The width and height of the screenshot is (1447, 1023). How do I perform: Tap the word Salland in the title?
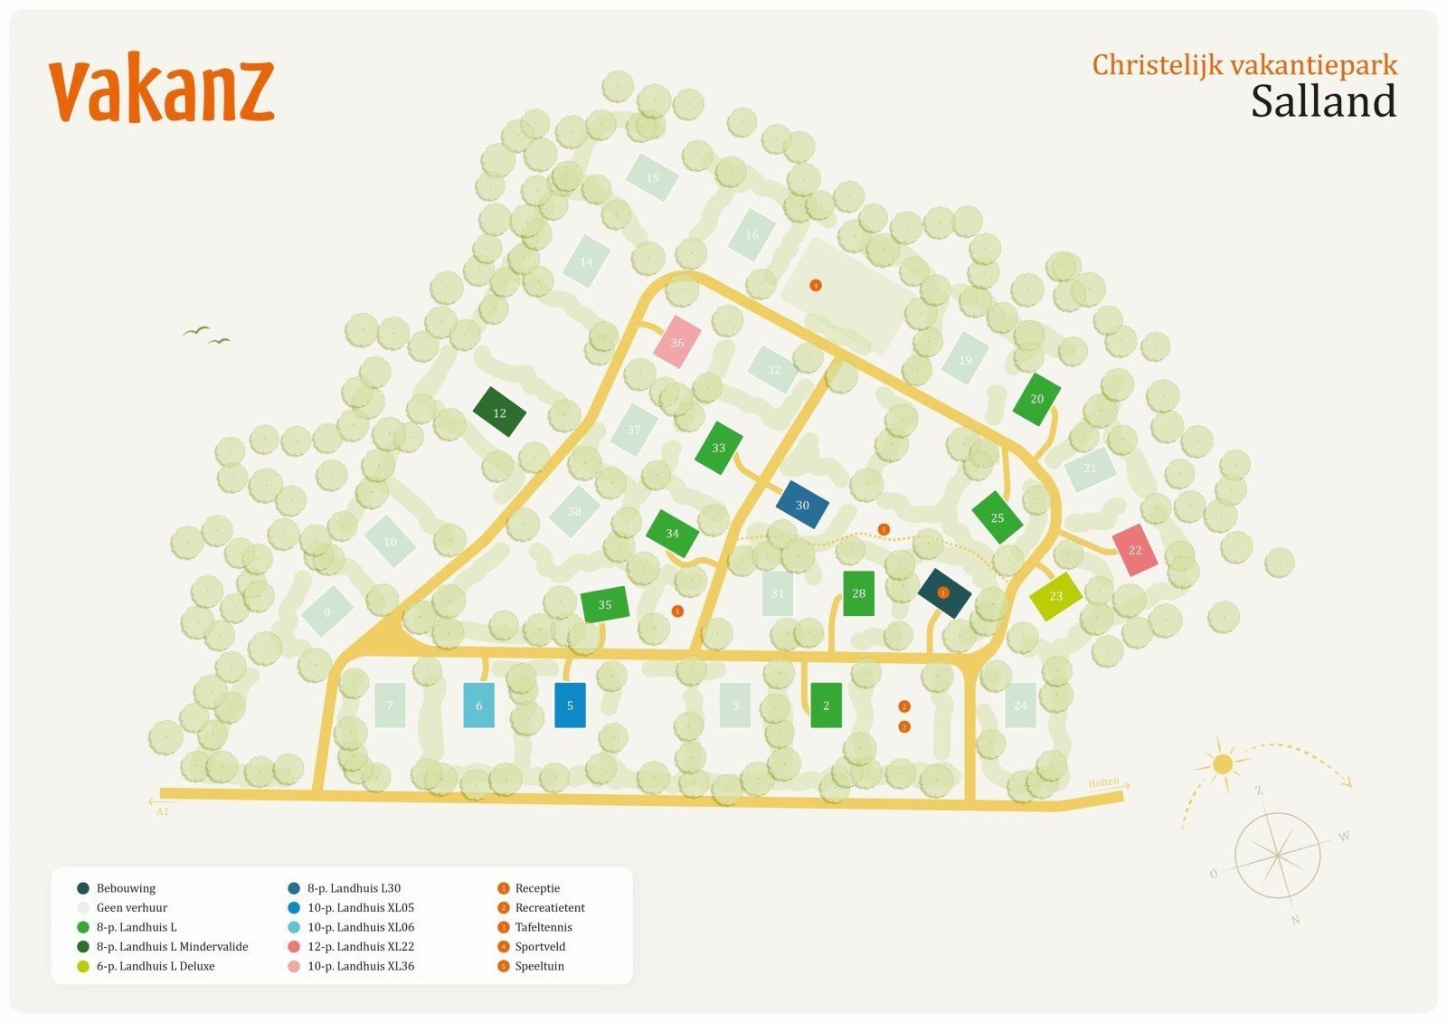(x=1323, y=102)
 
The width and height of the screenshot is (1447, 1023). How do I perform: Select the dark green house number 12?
(x=499, y=412)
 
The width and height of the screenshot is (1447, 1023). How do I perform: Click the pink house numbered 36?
(x=677, y=342)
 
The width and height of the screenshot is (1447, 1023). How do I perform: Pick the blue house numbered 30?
(x=802, y=505)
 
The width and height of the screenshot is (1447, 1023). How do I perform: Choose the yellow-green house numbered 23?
(x=1055, y=596)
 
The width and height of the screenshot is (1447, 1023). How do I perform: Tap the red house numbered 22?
(x=1135, y=550)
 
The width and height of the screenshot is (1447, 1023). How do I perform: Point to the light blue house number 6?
(x=478, y=706)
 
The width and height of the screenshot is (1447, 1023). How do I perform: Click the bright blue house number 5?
(x=570, y=706)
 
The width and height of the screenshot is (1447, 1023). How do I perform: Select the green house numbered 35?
(x=605, y=604)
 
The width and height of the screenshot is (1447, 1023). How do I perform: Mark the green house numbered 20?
(x=1036, y=399)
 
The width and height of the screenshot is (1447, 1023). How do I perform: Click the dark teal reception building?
(x=944, y=593)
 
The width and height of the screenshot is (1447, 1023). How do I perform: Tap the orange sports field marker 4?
(x=816, y=286)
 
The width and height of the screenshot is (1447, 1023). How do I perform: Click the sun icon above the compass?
(x=1223, y=764)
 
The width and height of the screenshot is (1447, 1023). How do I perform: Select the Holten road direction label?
(x=1103, y=782)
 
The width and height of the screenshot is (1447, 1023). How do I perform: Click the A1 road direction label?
(x=163, y=811)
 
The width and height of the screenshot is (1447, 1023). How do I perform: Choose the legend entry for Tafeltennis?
(x=544, y=927)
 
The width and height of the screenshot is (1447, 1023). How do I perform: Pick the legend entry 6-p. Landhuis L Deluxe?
(x=155, y=966)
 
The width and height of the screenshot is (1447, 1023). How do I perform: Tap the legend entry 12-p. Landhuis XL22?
(x=360, y=946)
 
